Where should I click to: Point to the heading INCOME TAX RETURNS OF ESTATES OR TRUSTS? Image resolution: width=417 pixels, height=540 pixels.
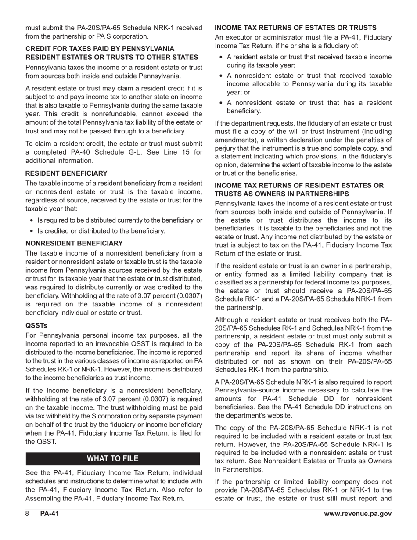295,28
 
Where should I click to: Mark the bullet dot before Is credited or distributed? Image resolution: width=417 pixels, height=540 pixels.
31,231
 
